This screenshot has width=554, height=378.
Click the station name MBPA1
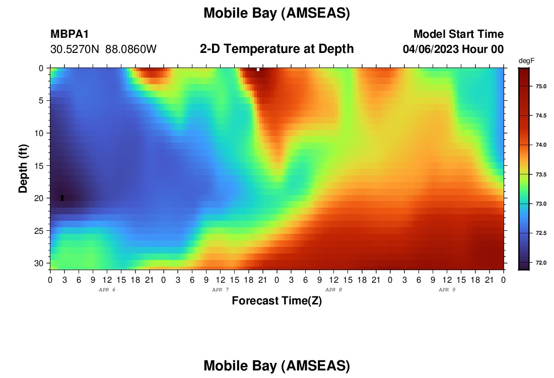(70, 34)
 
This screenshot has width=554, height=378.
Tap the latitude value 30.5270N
(75, 49)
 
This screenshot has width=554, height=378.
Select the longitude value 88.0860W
(131, 49)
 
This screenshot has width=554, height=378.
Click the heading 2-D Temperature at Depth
(276, 49)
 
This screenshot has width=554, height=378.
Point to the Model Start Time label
(458, 34)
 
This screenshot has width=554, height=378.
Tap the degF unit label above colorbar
(526, 61)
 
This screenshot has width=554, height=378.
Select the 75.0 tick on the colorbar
(541, 86)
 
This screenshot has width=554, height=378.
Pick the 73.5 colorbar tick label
(541, 174)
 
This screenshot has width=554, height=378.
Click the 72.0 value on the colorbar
(541, 263)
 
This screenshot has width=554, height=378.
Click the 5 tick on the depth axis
(41, 101)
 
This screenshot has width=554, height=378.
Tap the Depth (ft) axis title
(23, 169)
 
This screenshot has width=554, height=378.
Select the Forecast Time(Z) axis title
(276, 301)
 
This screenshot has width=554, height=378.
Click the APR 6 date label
(107, 290)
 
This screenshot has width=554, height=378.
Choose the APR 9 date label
(447, 290)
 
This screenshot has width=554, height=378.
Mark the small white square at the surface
(258, 70)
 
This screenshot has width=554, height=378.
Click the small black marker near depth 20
(62, 198)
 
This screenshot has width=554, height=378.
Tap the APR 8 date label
(333, 290)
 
